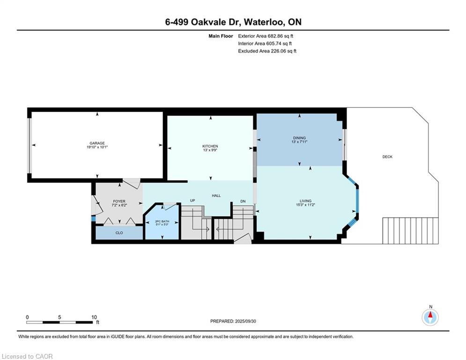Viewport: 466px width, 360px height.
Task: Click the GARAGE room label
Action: pos(97,143)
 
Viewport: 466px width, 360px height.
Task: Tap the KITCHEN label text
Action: pos(210,146)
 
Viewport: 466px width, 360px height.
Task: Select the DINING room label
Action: pos(299,138)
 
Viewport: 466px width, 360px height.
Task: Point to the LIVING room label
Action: pos(305,201)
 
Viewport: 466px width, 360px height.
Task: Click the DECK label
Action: pos(387,157)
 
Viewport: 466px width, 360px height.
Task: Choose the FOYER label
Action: pos(119,202)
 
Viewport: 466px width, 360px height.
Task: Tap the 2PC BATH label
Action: pos(162,221)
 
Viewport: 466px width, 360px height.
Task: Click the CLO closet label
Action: pos(119,232)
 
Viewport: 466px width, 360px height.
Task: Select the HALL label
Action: pos(216,195)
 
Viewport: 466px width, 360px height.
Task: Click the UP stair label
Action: pos(192,201)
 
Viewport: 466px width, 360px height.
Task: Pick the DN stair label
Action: pos(243,201)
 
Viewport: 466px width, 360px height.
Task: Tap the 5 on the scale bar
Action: pos(59,317)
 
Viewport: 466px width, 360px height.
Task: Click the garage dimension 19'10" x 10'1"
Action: pos(97,147)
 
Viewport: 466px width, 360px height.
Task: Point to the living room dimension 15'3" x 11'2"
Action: pos(305,205)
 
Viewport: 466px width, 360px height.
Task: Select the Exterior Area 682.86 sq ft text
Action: pos(266,36)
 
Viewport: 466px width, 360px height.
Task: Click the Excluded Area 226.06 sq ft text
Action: pos(267,51)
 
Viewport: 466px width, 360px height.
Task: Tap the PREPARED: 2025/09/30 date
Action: pos(233,321)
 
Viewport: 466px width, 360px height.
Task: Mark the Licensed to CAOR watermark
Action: pos(27,356)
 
